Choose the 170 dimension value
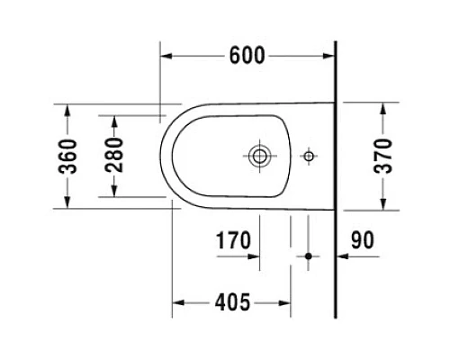tap(233, 241)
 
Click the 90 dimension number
tap(363, 241)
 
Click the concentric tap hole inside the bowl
tap(261, 156)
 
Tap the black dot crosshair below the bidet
tap(308, 256)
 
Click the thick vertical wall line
tap(334, 180)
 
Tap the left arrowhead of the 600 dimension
tap(166, 56)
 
